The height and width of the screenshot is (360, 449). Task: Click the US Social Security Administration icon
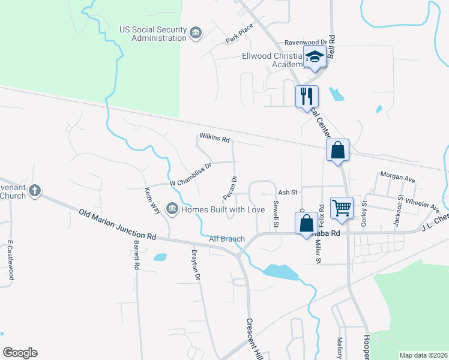click(196, 33)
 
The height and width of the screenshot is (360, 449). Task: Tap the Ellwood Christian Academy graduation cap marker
click(314, 58)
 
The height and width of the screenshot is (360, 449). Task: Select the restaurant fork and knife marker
click(307, 94)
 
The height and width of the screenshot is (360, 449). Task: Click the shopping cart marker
click(342, 208)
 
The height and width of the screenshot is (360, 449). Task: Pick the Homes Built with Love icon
click(172, 209)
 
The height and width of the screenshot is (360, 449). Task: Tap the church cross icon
click(35, 191)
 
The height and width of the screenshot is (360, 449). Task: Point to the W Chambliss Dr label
click(191, 173)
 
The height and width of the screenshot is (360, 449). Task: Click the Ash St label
click(288, 193)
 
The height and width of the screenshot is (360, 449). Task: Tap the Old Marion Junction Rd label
click(118, 224)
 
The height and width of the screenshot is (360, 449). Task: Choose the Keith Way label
click(152, 200)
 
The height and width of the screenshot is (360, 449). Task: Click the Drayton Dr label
click(195, 264)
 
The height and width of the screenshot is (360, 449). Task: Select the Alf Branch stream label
click(226, 239)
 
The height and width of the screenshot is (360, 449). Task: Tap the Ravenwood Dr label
click(305, 43)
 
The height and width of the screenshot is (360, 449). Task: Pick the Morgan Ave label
click(398, 179)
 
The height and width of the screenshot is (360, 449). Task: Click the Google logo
click(20, 353)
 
